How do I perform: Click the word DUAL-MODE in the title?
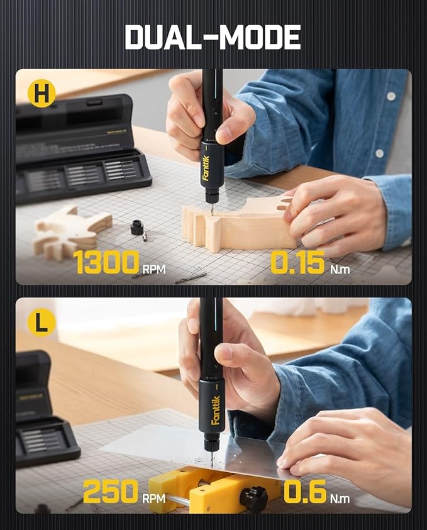point(213,37)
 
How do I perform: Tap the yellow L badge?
point(42,323)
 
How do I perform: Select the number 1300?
point(106,262)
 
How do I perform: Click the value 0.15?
point(297,262)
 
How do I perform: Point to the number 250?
point(110,492)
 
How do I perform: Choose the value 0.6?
point(305,492)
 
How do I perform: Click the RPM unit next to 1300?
point(154,269)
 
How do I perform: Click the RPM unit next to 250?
point(153,498)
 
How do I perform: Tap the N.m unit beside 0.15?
point(340,269)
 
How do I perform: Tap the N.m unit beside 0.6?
point(340,498)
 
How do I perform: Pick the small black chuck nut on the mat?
point(137,227)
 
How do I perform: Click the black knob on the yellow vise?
point(254,500)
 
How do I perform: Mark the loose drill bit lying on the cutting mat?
point(191,277)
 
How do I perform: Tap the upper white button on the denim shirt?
point(391,96)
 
